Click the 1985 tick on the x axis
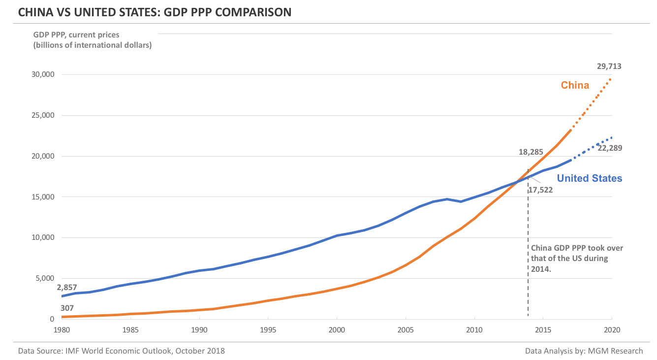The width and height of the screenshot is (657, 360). coord(130,329)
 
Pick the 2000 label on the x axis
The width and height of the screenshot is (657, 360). coord(337,329)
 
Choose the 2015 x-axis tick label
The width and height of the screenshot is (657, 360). coord(543,329)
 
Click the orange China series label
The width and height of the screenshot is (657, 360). coord(575,85)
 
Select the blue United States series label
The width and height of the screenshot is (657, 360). coord(589,178)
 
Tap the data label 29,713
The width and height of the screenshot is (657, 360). coord(609,66)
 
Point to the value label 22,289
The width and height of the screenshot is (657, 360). coord(610,147)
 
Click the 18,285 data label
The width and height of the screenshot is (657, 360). coord(531,152)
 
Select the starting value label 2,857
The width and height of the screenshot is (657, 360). coord(67,288)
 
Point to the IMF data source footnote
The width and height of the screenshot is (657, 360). coord(122,351)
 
